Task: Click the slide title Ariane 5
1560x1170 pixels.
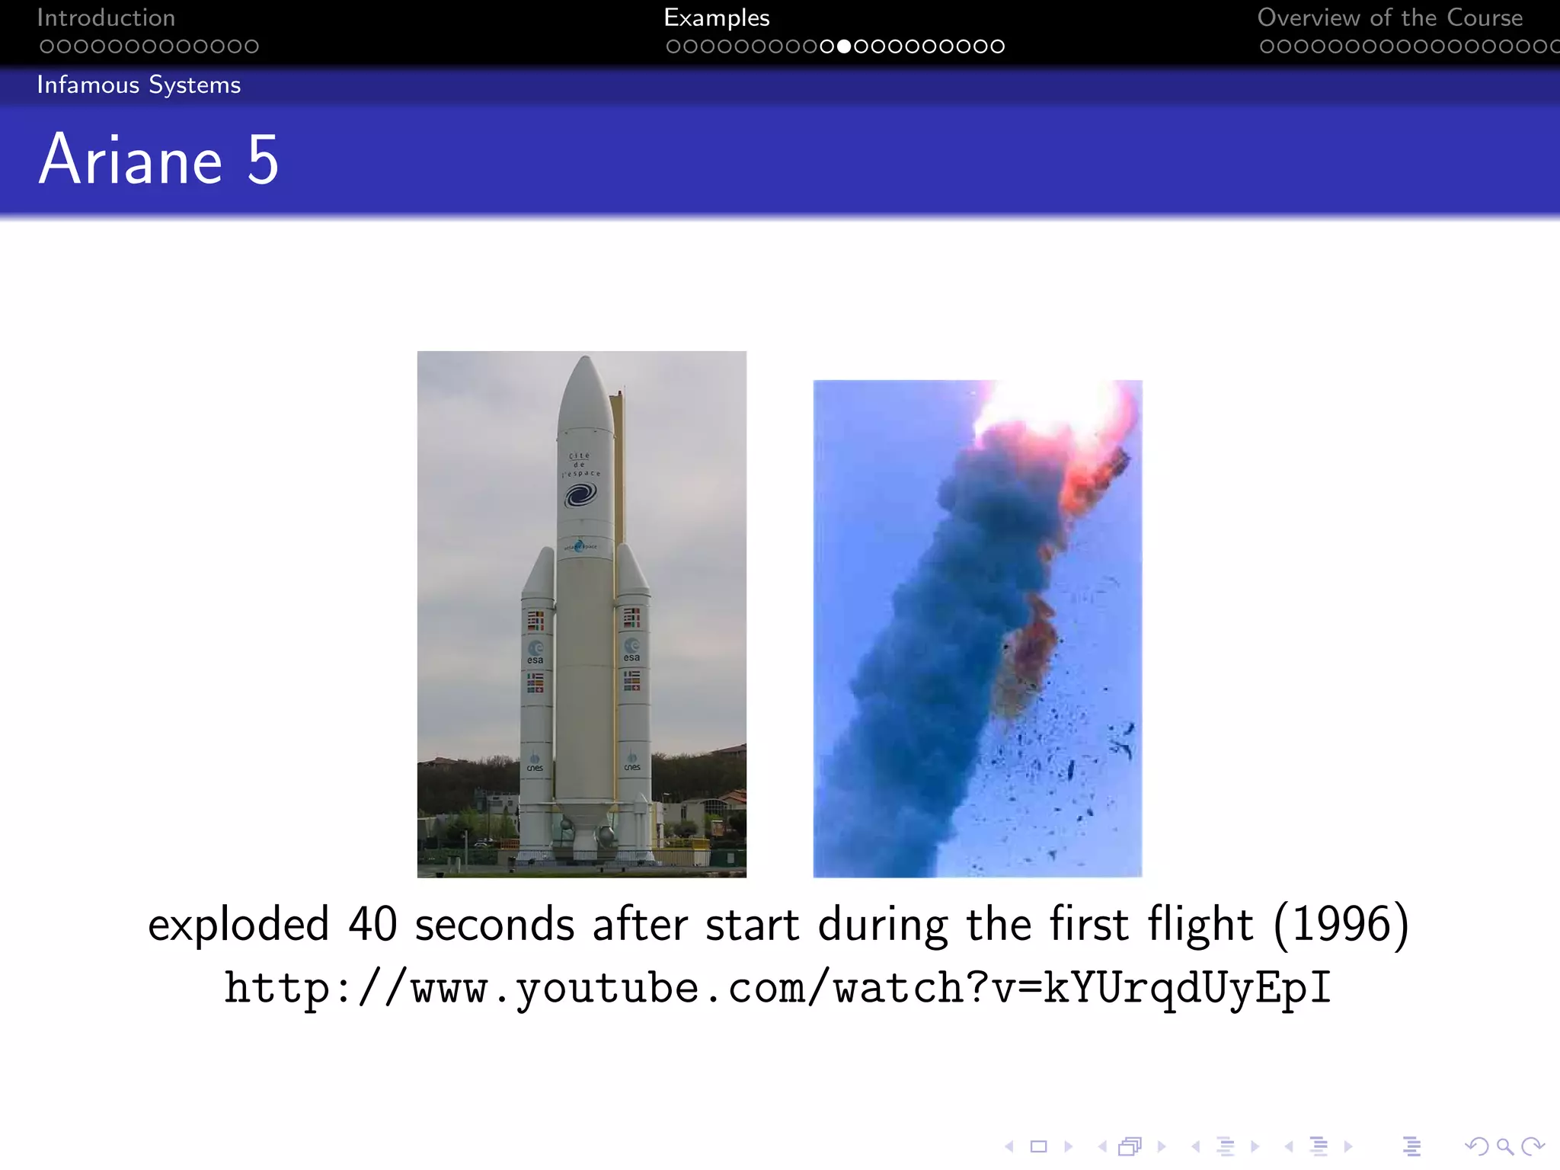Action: [x=158, y=160]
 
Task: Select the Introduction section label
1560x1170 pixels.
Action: [x=106, y=18]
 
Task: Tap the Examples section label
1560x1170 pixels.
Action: [x=716, y=18]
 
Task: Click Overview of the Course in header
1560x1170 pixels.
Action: [x=1389, y=18]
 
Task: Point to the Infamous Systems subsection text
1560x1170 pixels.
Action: [x=139, y=85]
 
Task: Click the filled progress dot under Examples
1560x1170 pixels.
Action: [x=843, y=46]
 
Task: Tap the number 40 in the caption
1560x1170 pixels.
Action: [x=372, y=924]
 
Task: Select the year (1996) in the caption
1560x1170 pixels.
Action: [x=1341, y=924]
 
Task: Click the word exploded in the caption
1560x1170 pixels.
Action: [x=238, y=925]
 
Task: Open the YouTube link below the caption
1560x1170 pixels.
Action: [x=777, y=988]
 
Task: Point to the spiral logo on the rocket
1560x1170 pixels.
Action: [x=580, y=496]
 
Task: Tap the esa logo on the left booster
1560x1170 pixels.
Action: [x=535, y=653]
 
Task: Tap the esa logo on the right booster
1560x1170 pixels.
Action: [x=631, y=651]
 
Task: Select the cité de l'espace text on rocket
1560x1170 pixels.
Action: [x=580, y=465]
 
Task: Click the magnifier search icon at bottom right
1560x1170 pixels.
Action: [x=1504, y=1146]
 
